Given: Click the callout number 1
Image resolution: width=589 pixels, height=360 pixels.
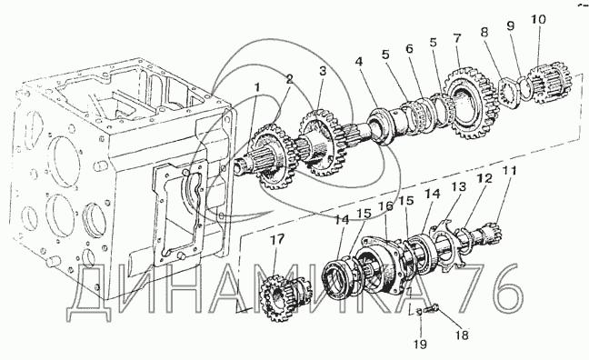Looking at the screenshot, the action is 257,87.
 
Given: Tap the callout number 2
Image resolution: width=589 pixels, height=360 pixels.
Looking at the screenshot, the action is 288,79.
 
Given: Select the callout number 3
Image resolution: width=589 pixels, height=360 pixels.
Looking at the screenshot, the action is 323,71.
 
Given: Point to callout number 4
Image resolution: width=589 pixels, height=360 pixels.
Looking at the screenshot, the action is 359,61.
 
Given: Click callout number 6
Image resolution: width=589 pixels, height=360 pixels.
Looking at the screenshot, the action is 409,48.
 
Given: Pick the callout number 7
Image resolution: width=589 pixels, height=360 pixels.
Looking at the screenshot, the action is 456,38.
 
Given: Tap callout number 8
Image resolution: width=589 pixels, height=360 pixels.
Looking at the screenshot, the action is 484,32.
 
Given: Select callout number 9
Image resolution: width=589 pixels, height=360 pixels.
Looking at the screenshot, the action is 510,25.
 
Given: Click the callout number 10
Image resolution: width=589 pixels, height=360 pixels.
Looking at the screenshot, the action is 538,19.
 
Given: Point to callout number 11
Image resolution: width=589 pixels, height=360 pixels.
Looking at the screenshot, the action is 510,171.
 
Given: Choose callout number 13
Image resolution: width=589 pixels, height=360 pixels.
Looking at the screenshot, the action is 459,186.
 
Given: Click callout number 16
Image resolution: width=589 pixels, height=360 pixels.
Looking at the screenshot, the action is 385,206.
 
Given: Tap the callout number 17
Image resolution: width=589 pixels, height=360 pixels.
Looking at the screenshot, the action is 277,239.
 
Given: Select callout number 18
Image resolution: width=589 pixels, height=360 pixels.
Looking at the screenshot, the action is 462,335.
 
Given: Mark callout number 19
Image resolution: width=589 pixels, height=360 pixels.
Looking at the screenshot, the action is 420,344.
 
